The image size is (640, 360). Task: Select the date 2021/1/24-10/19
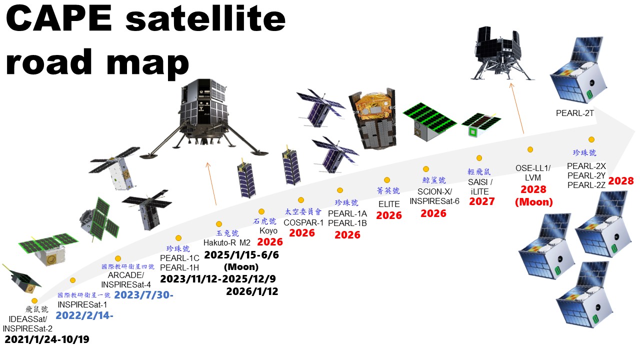(47, 339)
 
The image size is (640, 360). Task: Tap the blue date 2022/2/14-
(84, 315)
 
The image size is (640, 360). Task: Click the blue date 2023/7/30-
(144, 294)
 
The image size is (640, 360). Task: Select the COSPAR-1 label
(303, 222)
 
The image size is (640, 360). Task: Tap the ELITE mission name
(389, 204)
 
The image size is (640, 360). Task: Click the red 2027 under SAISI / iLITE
(482, 201)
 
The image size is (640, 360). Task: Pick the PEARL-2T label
(574, 113)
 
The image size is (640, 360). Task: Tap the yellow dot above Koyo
(261, 211)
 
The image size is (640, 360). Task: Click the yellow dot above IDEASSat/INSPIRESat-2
(34, 300)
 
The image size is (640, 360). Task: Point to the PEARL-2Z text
(586, 184)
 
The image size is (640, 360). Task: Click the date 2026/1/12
(252, 291)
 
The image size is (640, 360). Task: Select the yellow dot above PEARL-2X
(591, 139)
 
